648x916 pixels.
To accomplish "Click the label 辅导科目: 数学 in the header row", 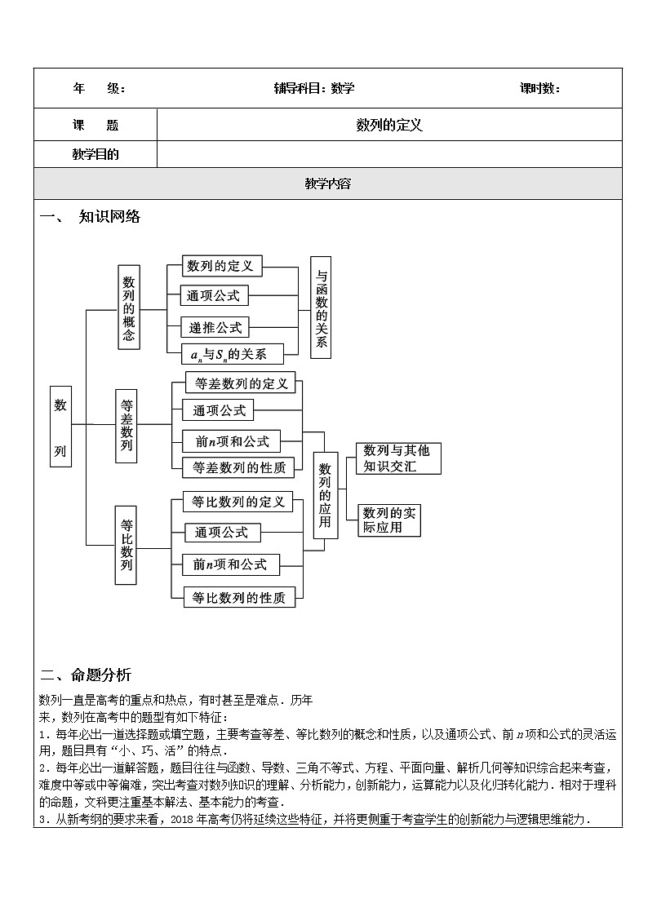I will [314, 89].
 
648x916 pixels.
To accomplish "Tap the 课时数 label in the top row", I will [539, 89].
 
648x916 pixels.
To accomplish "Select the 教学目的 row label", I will [95, 154].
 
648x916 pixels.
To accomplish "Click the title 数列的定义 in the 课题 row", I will [389, 125].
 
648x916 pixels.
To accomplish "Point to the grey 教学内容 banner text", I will [327, 184].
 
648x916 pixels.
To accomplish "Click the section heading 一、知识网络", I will [91, 217].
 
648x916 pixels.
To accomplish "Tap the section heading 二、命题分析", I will [85, 675].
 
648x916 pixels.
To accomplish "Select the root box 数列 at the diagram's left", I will [60, 426].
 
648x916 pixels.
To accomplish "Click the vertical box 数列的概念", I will [128, 307].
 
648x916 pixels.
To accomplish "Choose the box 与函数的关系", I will [321, 307].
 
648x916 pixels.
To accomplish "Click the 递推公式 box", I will [215, 327].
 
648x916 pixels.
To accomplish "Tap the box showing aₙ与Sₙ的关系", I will [233, 354].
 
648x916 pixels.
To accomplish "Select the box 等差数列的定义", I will [239, 383].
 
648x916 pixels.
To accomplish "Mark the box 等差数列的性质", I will [238, 467].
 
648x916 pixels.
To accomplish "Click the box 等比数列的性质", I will [238, 598].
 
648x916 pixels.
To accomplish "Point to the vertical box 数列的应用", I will [325, 495].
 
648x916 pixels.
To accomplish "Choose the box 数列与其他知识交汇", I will [398, 458].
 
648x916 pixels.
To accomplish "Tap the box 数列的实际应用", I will [389, 520].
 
